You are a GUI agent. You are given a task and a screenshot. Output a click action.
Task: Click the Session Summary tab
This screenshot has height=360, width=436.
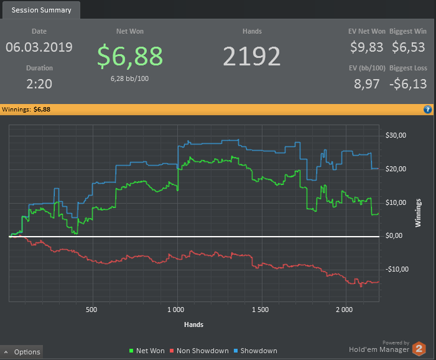41,10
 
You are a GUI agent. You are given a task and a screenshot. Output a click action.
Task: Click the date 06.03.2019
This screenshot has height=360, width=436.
39,47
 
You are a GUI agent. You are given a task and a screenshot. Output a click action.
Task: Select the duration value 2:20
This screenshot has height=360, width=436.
39,84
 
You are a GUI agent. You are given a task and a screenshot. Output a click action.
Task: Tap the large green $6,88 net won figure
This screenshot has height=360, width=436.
131,55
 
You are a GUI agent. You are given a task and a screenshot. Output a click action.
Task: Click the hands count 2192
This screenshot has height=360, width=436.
252,56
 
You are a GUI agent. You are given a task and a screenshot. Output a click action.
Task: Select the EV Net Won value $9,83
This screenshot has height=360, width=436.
366,47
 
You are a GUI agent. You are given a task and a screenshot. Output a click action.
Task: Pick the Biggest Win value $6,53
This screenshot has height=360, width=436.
409,47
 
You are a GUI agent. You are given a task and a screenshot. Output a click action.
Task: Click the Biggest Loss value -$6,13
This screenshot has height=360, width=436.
409,84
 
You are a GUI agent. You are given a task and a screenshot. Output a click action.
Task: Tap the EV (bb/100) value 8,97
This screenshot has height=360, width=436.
367,84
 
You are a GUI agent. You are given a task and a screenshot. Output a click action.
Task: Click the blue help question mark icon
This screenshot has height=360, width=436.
428,109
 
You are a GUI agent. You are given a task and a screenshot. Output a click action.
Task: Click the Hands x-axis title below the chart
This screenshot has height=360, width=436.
194,324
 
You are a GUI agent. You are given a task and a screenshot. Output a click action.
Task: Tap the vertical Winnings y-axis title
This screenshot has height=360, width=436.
419,213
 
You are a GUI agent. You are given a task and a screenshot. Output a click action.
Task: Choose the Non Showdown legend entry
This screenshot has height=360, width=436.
199,351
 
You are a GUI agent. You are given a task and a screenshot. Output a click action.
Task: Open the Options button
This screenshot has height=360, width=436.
22,352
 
